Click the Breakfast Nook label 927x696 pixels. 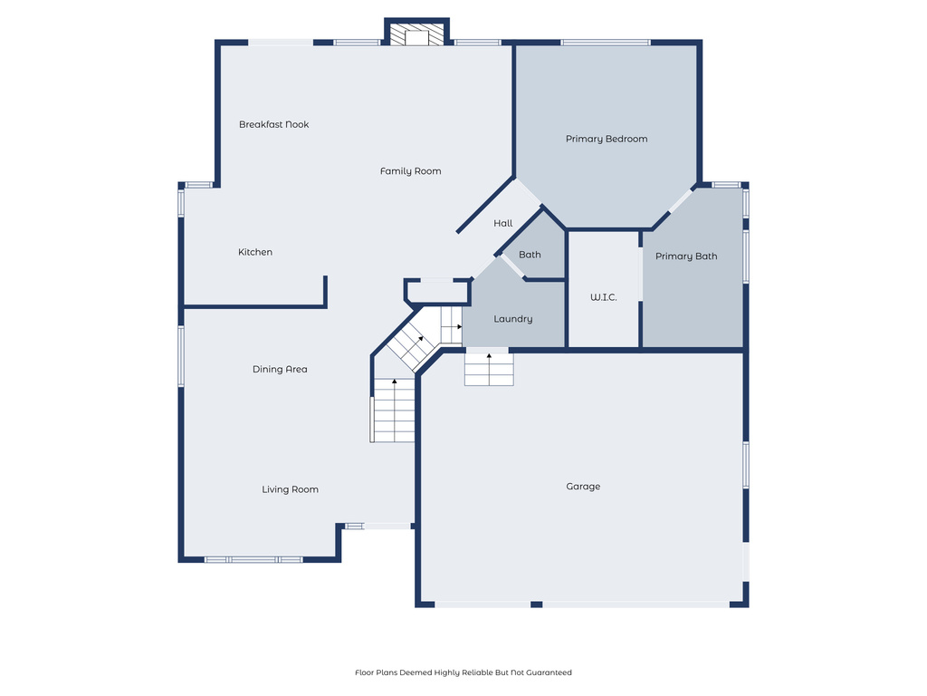[273, 124]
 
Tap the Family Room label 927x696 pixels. [410, 171]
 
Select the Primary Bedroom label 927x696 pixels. [607, 139]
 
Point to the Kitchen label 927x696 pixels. [255, 252]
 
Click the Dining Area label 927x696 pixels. [280, 369]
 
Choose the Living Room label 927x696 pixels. [290, 489]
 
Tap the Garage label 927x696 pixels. [583, 487]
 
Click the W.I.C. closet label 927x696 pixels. [603, 297]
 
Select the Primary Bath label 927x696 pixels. [686, 256]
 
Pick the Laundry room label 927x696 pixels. [512, 319]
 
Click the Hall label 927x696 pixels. [503, 223]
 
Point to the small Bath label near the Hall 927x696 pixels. [530, 255]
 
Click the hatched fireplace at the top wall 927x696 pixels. [416, 34]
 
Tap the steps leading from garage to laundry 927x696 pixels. [489, 369]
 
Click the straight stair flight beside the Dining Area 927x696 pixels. [394, 410]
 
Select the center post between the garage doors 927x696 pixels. [536, 604]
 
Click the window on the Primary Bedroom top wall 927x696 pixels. [605, 42]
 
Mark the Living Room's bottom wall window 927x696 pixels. [253, 559]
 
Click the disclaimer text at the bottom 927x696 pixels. [463, 672]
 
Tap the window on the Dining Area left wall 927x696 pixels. [181, 356]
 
